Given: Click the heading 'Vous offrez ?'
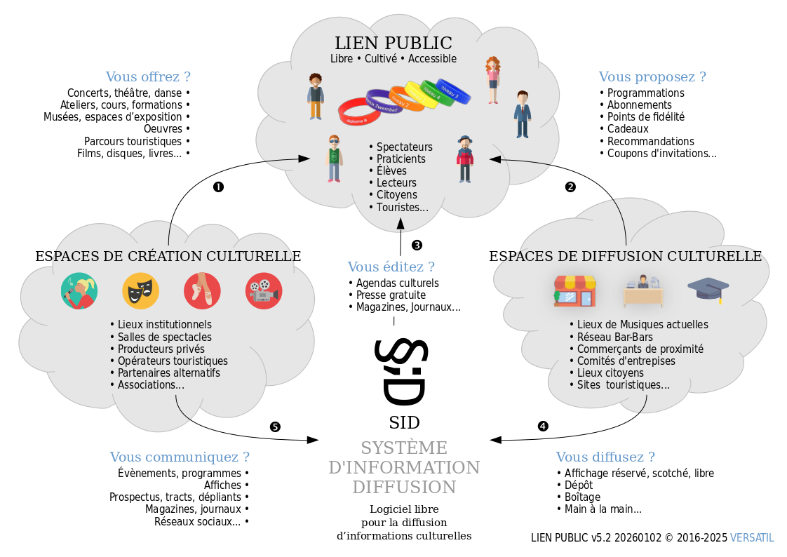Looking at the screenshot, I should coord(148,76).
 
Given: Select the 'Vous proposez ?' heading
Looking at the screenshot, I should coord(652,76).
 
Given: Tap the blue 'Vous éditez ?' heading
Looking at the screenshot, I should coord(391,267).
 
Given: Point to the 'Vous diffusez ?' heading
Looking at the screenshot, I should coord(605,457).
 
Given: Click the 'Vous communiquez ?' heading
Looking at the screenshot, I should coord(180,457).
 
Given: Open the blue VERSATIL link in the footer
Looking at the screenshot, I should coord(752,537).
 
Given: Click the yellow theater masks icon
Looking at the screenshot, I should coord(140,290).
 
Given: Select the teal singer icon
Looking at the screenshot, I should coord(79,290).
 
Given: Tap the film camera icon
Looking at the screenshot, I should coord(264,290).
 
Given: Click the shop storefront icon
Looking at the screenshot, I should coord(574,290).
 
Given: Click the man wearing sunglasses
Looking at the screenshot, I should coord(335,159).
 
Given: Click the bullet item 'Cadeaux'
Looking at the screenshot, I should coord(628,129).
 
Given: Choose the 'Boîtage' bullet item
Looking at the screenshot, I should coord(582,497).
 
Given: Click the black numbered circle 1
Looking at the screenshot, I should coord(218,187).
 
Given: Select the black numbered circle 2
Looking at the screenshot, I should coord(570,187).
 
